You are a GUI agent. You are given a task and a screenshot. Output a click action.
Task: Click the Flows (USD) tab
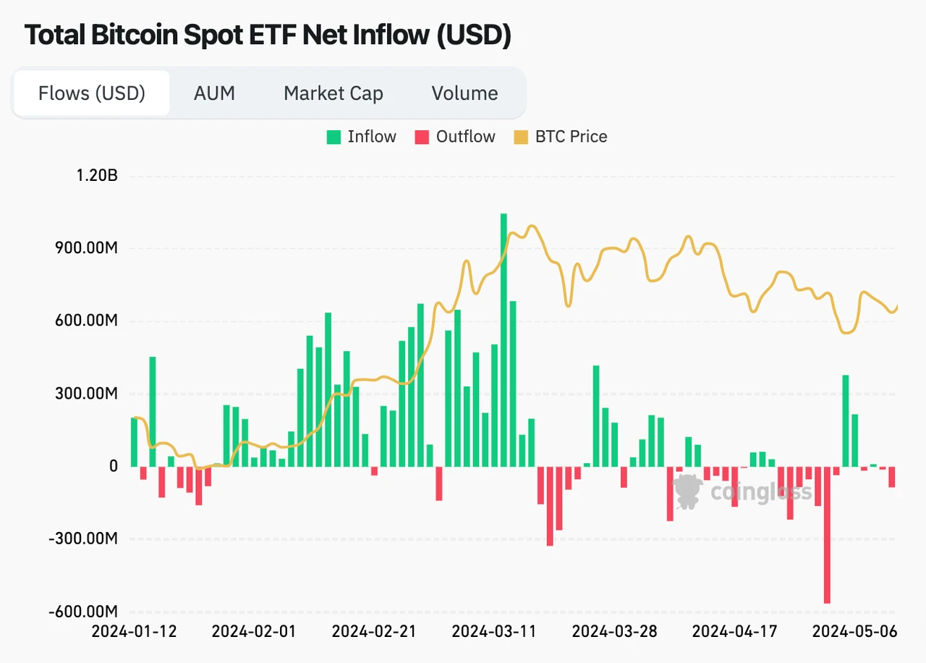tap(92, 93)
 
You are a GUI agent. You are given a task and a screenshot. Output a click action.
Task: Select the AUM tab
tap(214, 93)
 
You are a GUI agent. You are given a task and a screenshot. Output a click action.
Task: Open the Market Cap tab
tap(333, 93)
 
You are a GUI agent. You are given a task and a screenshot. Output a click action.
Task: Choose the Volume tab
tap(464, 93)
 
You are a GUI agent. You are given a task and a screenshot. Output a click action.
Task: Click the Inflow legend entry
tap(362, 137)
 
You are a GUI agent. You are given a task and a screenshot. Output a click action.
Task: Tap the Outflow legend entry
tap(455, 137)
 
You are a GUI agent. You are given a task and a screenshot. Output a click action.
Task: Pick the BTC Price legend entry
tap(561, 137)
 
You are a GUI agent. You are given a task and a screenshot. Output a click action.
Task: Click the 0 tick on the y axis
tap(113, 467)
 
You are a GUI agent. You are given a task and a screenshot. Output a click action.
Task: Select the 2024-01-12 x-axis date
tap(134, 632)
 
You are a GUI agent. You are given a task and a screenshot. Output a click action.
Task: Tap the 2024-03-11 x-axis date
tap(494, 632)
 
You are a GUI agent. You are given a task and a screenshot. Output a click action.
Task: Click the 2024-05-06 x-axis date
tap(854, 632)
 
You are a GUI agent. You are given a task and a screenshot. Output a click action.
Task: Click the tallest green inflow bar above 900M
tap(504, 339)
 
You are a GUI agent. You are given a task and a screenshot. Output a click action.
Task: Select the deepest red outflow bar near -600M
tap(827, 535)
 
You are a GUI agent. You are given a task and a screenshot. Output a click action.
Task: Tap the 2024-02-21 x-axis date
tap(374, 632)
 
